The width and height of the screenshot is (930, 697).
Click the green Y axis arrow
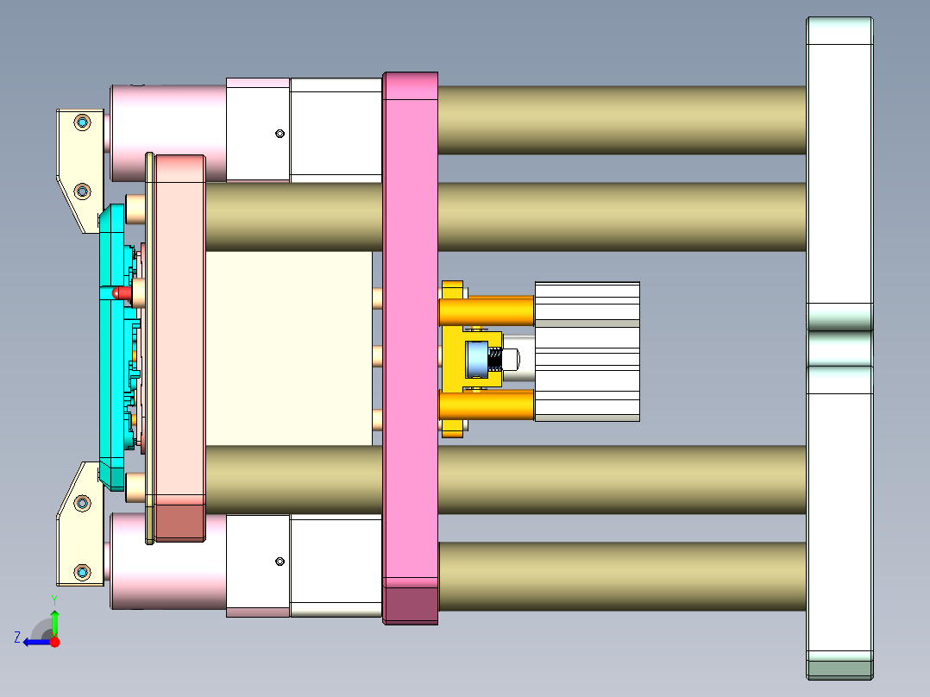click(x=54, y=621)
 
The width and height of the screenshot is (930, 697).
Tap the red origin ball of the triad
click(x=54, y=642)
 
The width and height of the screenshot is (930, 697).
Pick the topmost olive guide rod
click(x=621, y=120)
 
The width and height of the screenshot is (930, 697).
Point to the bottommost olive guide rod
click(x=621, y=576)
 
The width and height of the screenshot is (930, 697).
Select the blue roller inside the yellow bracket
click(x=476, y=359)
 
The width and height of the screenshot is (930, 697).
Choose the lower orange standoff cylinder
click(x=487, y=405)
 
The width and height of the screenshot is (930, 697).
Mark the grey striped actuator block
click(x=587, y=351)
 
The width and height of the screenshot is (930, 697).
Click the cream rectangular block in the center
click(x=289, y=348)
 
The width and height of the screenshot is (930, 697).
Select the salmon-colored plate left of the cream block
click(x=179, y=345)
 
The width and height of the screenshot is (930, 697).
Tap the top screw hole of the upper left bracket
click(x=82, y=122)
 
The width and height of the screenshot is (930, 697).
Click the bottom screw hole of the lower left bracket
click(x=82, y=571)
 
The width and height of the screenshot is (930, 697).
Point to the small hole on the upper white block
click(x=280, y=133)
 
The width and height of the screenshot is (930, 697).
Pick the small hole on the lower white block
click(x=280, y=562)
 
